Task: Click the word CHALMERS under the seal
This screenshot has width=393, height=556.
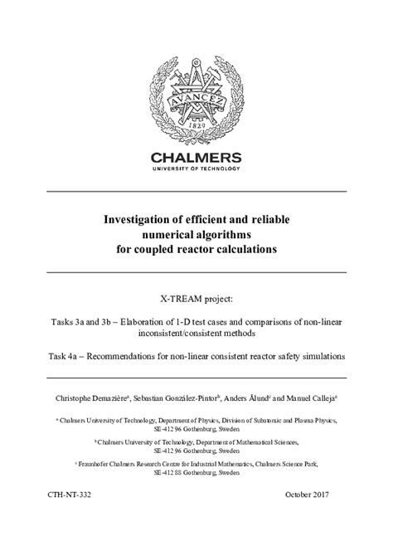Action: (196, 157)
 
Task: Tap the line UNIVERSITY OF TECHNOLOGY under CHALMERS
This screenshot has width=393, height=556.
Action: (196, 169)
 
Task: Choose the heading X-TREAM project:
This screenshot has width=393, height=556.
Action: (196, 295)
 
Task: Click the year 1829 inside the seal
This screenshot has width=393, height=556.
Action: (196, 124)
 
